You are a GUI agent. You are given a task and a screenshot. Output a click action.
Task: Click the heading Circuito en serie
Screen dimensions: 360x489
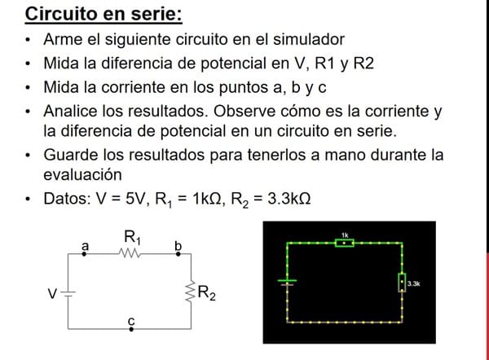(104, 14)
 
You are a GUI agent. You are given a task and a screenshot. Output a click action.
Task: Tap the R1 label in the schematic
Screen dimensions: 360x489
(132, 238)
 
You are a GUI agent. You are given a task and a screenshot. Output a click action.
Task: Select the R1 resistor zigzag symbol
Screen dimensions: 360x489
(131, 253)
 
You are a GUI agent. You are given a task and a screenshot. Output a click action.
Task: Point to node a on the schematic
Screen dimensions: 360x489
(86, 252)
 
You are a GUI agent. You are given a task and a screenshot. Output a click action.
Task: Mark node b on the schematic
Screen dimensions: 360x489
(178, 252)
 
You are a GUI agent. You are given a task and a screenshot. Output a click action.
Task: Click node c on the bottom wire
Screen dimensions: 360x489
(131, 328)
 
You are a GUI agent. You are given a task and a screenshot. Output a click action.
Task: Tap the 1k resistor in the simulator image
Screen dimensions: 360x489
(345, 242)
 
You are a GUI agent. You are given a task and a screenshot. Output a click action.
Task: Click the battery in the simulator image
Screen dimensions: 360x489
(288, 281)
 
